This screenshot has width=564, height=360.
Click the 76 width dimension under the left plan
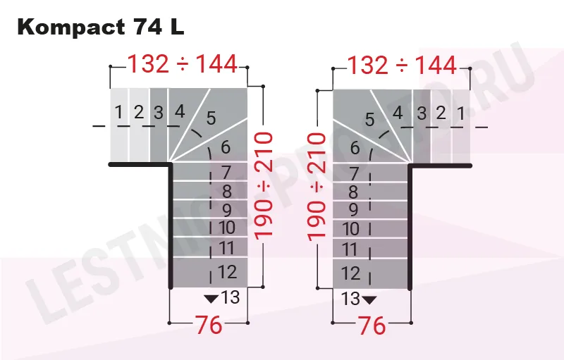[209, 325]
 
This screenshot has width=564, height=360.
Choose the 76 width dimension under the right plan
[372, 325]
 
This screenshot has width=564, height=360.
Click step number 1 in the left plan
[120, 111]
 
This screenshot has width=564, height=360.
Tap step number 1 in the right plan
[460, 111]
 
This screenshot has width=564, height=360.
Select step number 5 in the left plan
[211, 118]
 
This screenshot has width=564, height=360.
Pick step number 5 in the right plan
[369, 119]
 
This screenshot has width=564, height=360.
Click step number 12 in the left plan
[227, 271]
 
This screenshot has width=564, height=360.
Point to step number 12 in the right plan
[350, 273]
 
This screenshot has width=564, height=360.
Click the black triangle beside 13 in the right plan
[369, 299]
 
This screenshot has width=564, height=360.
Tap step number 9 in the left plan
[226, 210]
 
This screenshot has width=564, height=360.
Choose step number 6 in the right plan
[354, 148]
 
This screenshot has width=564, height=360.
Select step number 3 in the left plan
[159, 111]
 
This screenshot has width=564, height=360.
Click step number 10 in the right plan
[350, 229]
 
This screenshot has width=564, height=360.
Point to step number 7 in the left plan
[226, 173]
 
